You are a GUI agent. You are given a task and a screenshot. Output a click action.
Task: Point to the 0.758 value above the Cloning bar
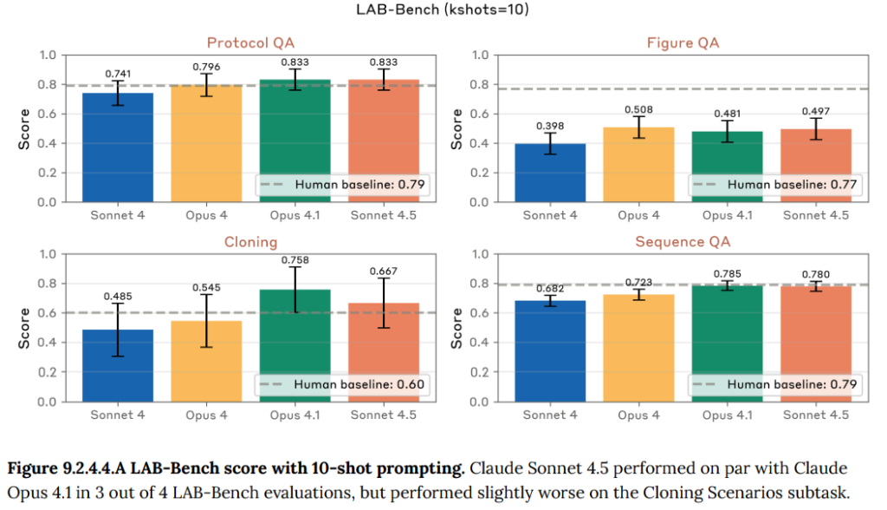click(x=295, y=259)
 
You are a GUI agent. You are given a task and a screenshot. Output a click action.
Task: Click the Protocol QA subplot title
click(x=250, y=42)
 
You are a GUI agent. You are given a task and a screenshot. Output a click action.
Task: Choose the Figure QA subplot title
click(x=683, y=42)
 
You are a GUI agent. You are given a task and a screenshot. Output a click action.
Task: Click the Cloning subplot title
click(x=250, y=242)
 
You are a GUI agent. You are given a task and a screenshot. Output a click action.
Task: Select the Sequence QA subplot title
click(x=683, y=242)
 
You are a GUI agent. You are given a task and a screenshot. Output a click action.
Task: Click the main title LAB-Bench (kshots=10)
click(x=443, y=11)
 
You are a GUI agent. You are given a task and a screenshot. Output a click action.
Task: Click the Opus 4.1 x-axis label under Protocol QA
click(x=295, y=215)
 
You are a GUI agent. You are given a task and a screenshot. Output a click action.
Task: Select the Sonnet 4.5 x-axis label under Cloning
click(x=382, y=415)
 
